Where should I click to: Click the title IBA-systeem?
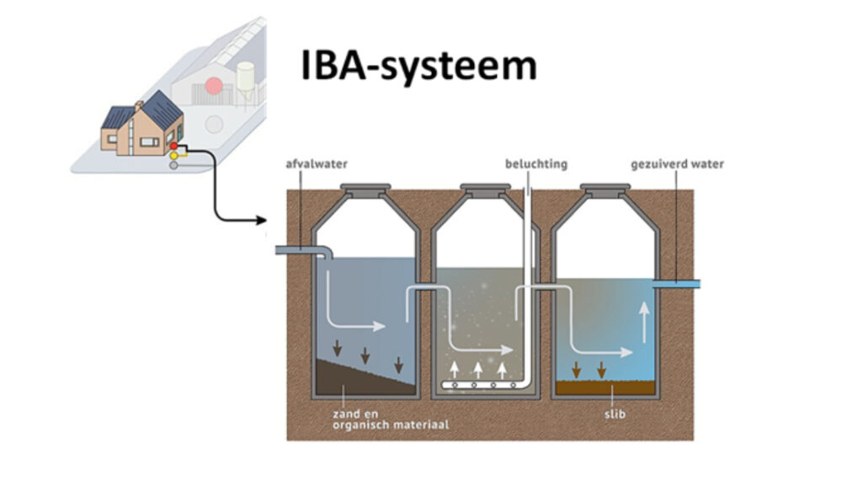click(x=418, y=67)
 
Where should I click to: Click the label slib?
click(x=614, y=414)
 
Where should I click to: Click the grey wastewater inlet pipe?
click(x=303, y=250)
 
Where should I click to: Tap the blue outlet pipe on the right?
click(x=678, y=284)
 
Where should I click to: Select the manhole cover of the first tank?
click(x=364, y=188)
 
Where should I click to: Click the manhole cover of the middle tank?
click(x=487, y=188)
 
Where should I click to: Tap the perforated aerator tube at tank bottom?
click(x=481, y=386)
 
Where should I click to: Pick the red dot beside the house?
click(x=173, y=146)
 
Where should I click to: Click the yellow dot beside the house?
click(x=173, y=156)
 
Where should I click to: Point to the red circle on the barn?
click(x=215, y=86)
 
